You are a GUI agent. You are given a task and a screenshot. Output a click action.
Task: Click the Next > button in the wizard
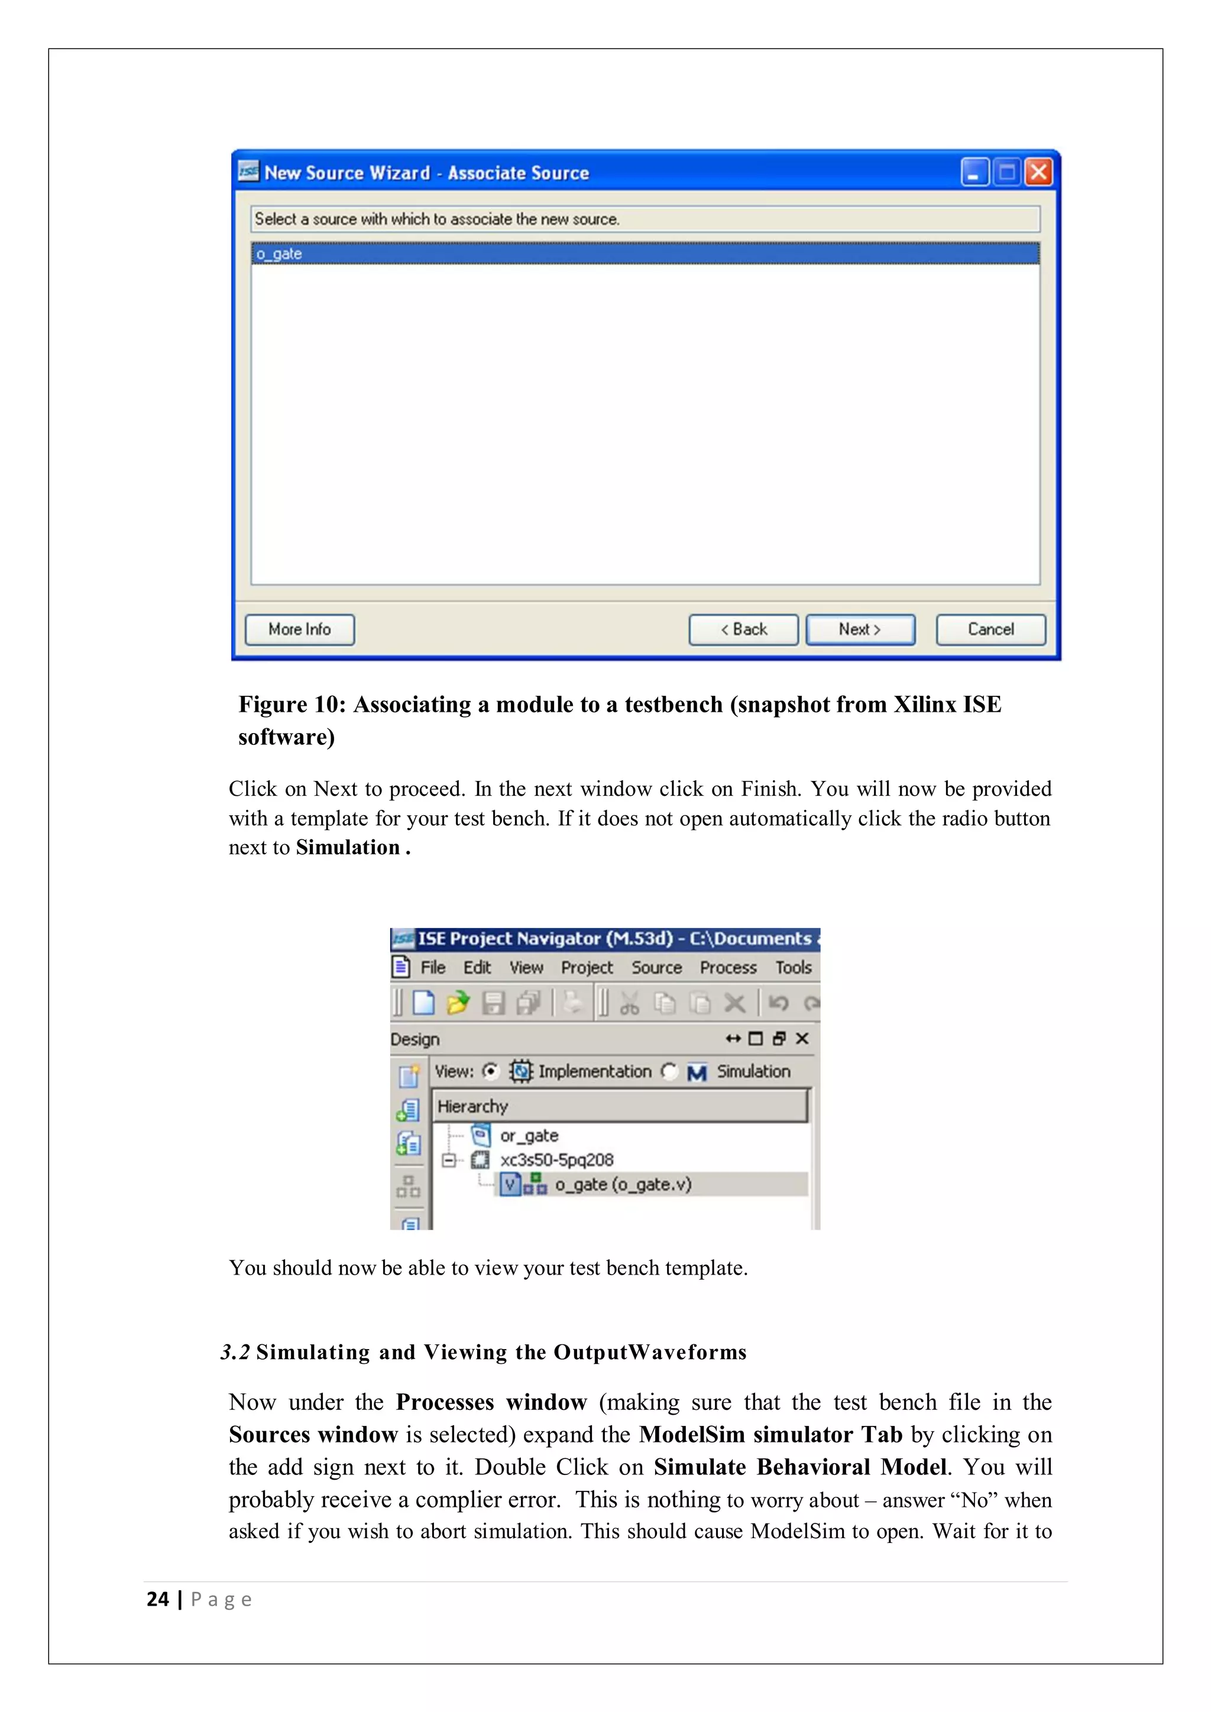pos(860,630)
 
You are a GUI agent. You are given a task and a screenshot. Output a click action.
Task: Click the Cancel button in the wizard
pos(990,630)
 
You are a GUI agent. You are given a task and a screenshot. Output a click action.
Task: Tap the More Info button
pos(299,630)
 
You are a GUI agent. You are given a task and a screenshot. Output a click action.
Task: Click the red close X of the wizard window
pos(1038,173)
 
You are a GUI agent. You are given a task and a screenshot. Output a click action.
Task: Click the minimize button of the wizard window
pos(973,173)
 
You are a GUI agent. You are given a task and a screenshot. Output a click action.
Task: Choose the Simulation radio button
pos(669,1072)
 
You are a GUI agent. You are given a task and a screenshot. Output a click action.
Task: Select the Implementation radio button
pos(490,1072)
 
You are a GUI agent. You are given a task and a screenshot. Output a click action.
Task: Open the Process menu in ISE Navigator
pos(728,968)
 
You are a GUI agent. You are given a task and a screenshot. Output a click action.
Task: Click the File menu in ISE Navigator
pos(432,968)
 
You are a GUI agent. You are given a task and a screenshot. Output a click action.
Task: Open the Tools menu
pos(793,968)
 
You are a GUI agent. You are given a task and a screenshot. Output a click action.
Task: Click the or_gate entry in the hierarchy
pos(529,1136)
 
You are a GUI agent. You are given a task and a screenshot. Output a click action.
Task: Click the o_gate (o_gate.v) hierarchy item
pos(623,1184)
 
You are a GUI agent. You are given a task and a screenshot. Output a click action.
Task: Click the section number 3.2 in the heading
pos(235,1353)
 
